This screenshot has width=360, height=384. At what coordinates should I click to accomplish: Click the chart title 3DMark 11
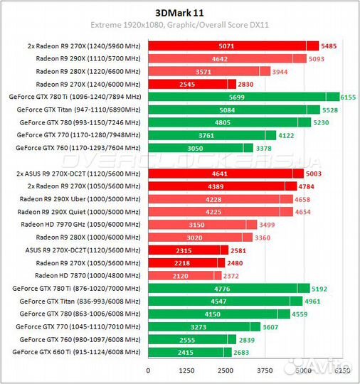[179, 12]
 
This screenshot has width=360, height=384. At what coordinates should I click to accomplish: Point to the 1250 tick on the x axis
[186, 371]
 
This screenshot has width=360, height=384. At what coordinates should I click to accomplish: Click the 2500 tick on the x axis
[226, 371]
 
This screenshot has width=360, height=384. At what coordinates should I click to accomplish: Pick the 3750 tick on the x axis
[265, 371]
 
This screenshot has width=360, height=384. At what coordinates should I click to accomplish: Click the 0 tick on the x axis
[148, 371]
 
